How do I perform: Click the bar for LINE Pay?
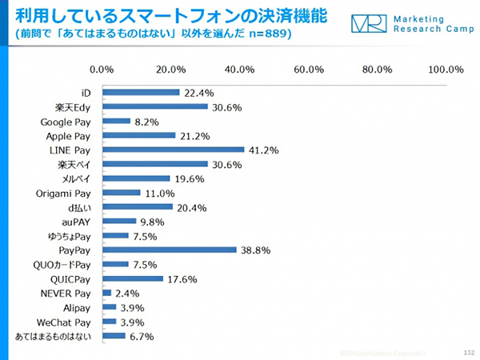(174, 150)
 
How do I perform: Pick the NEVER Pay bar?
(106, 293)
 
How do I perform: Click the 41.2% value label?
(262, 150)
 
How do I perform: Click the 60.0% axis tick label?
(309, 70)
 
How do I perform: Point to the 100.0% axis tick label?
(446, 70)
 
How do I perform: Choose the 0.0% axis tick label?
(103, 70)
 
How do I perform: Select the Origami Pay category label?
(64, 193)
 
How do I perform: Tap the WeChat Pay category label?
(66, 322)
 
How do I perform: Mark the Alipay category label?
(76, 307)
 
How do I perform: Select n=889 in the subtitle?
(269, 34)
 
